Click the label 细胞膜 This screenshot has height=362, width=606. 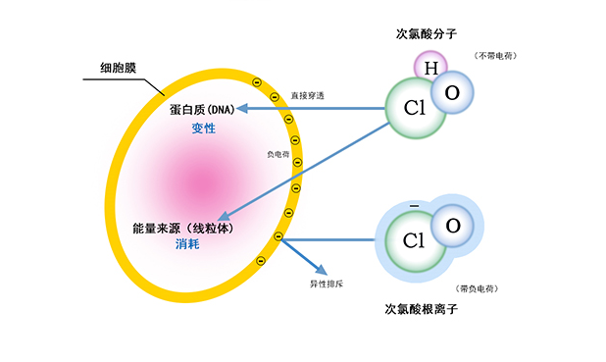coord(120,69)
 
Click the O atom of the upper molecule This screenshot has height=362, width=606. coord(452,92)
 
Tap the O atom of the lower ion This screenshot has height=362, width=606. coord(452,225)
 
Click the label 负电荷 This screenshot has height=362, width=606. coord(278,154)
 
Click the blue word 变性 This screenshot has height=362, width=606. coord(204,129)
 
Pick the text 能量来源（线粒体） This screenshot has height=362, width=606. coord(186,228)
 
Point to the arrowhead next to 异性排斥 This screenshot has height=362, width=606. coord(322,268)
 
